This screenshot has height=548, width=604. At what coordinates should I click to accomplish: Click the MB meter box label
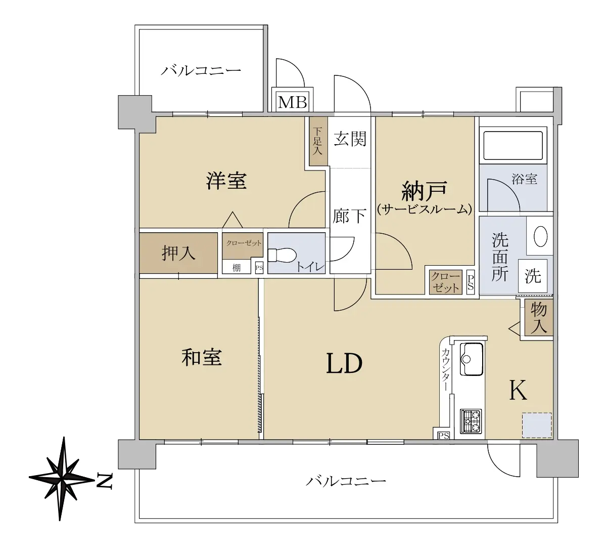pyautogui.click(x=292, y=102)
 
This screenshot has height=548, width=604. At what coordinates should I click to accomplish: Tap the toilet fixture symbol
pyautogui.click(x=282, y=255)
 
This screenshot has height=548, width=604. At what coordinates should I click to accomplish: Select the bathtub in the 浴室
pyautogui.click(x=513, y=145)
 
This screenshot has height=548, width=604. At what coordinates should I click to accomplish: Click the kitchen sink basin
pyautogui.click(x=471, y=359)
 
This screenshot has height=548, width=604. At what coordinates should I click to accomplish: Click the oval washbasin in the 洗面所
pyautogui.click(x=541, y=236)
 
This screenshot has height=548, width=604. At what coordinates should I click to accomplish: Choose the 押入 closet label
pyautogui.click(x=178, y=253)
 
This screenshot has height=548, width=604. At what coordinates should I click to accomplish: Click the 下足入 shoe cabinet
pyautogui.click(x=318, y=141)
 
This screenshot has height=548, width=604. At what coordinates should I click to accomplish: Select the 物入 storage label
pyautogui.click(x=538, y=318)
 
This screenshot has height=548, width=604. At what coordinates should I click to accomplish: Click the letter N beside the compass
pyautogui.click(x=104, y=481)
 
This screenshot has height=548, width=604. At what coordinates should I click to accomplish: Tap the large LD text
pyautogui.click(x=344, y=364)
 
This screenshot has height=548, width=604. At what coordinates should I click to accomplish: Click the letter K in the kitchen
pyautogui.click(x=518, y=390)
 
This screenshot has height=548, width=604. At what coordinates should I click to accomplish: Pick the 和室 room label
pyautogui.click(x=202, y=357)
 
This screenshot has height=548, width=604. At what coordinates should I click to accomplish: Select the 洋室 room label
pyautogui.click(x=226, y=181)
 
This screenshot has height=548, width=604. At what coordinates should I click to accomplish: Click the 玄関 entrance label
pyautogui.click(x=350, y=139)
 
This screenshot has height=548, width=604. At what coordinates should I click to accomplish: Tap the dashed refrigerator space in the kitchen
pyautogui.click(x=537, y=426)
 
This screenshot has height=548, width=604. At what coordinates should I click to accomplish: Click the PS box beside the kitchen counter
pyautogui.click(x=443, y=435)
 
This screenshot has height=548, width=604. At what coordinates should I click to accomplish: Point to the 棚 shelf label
pyautogui.click(x=237, y=267)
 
